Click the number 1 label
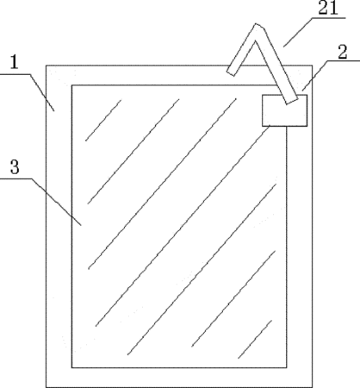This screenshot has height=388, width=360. pyautogui.click(x=14, y=62)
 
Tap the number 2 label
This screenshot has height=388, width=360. pyautogui.click(x=342, y=52)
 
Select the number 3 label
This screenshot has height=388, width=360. pyautogui.click(x=15, y=166)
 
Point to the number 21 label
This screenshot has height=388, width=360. pyautogui.click(x=328, y=8)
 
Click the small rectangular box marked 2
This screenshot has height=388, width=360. pyautogui.click(x=284, y=110)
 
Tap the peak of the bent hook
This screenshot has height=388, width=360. pyautogui.click(x=257, y=25)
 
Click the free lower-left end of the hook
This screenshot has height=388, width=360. pyautogui.click(x=231, y=72)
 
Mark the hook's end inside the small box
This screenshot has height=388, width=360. pyautogui.click(x=291, y=101)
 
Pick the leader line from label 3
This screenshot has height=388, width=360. pyautogui.click(x=40, y=202)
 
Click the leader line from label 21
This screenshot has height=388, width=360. pyautogui.click(x=314, y=32)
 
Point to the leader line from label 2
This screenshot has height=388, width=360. pyautogui.click(x=331, y=76)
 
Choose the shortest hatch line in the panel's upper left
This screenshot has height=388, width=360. pyautogui.click(x=103, y=120)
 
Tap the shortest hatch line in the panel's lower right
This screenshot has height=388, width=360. pyautogui.click(x=255, y=339)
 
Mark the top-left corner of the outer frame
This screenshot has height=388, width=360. pyautogui.click(x=47, y=66)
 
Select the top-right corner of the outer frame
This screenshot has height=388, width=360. pyautogui.click(x=312, y=66)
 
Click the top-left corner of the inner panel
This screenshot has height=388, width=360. pyautogui.click(x=71, y=85)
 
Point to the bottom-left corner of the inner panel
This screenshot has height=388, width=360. pyautogui.click(x=71, y=367)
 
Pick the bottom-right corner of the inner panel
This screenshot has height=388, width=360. pyautogui.click(x=287, y=367)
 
